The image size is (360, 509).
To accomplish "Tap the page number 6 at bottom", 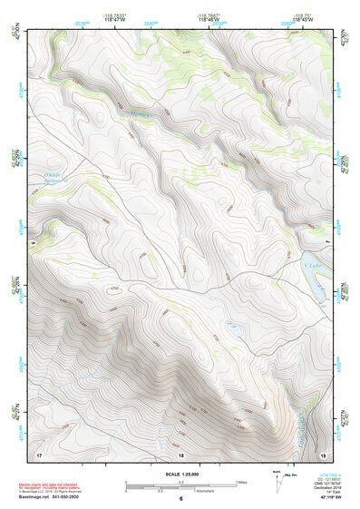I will click(181, 499).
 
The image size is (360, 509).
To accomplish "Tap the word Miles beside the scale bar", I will click(241, 482).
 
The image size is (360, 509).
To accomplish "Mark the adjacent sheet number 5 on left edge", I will click(31, 243).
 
